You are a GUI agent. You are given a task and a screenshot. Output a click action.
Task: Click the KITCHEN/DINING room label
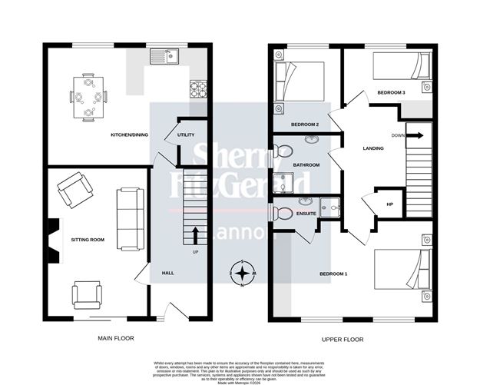129,134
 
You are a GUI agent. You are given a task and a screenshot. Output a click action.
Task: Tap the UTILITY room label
186,134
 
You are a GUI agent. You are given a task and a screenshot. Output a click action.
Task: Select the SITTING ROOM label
88,240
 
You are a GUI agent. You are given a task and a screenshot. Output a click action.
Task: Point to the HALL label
167,273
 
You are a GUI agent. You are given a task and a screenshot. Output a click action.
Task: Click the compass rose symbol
243,274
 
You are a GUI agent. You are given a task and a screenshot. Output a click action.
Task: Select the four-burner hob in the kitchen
198,89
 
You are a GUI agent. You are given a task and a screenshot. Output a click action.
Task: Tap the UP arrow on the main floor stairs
195,234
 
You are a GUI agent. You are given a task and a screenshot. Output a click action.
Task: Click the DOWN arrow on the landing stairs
414,135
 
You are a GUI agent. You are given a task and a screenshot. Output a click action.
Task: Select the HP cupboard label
389,204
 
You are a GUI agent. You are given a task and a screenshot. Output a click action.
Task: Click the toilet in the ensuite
283,213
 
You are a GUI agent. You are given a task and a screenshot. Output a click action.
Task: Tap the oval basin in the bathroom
313,141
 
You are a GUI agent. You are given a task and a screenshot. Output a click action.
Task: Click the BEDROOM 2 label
305,124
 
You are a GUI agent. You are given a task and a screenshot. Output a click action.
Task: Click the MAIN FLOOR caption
116,339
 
